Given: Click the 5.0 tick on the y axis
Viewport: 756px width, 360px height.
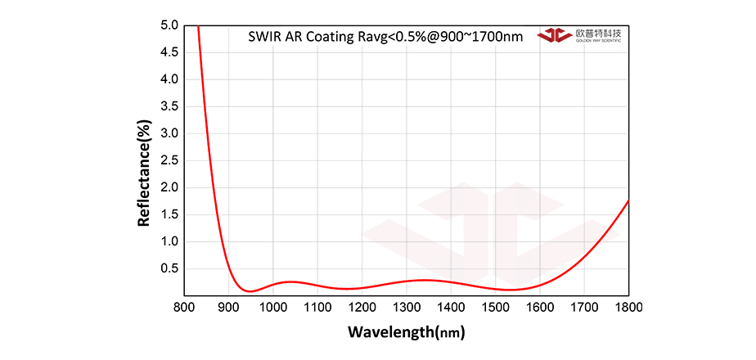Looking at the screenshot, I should pyautogui.click(x=169, y=25).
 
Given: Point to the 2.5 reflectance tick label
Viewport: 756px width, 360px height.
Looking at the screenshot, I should pyautogui.click(x=169, y=160).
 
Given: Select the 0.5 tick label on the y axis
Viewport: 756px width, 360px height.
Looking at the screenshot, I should pyautogui.click(x=169, y=268).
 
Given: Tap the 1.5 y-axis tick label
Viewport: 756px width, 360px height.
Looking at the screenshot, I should pyautogui.click(x=169, y=214).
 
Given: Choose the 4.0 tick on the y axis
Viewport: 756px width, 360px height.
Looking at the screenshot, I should pyautogui.click(x=169, y=79).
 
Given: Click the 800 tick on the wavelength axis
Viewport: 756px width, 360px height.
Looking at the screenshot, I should pyautogui.click(x=185, y=307).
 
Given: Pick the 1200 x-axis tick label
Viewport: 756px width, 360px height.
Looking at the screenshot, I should pyautogui.click(x=362, y=307).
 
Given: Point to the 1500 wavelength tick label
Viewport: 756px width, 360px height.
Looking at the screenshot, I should pyautogui.click(x=495, y=307).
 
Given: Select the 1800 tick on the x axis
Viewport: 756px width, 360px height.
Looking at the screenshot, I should pyautogui.click(x=628, y=307).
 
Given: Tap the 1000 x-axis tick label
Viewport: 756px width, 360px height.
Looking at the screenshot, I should pyautogui.click(x=273, y=307).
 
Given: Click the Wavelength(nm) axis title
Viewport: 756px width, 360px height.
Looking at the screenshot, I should pyautogui.click(x=407, y=332).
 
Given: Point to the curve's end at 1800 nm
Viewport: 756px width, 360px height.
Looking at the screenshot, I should pyautogui.click(x=628, y=200).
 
